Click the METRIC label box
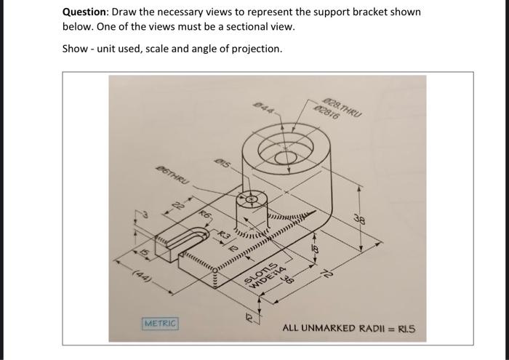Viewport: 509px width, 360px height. tap(159, 322)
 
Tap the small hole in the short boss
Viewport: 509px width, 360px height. tap(252, 199)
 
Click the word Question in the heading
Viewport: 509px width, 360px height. tap(85, 12)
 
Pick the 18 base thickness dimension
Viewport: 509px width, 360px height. tap(314, 249)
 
